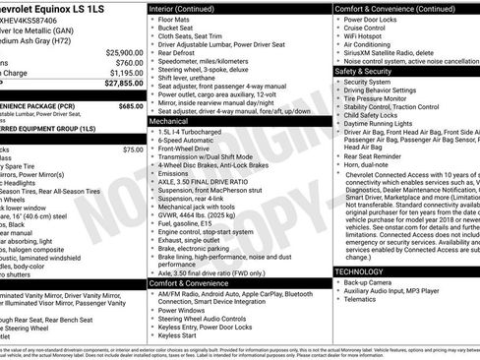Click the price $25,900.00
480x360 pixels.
coord(117,51)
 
